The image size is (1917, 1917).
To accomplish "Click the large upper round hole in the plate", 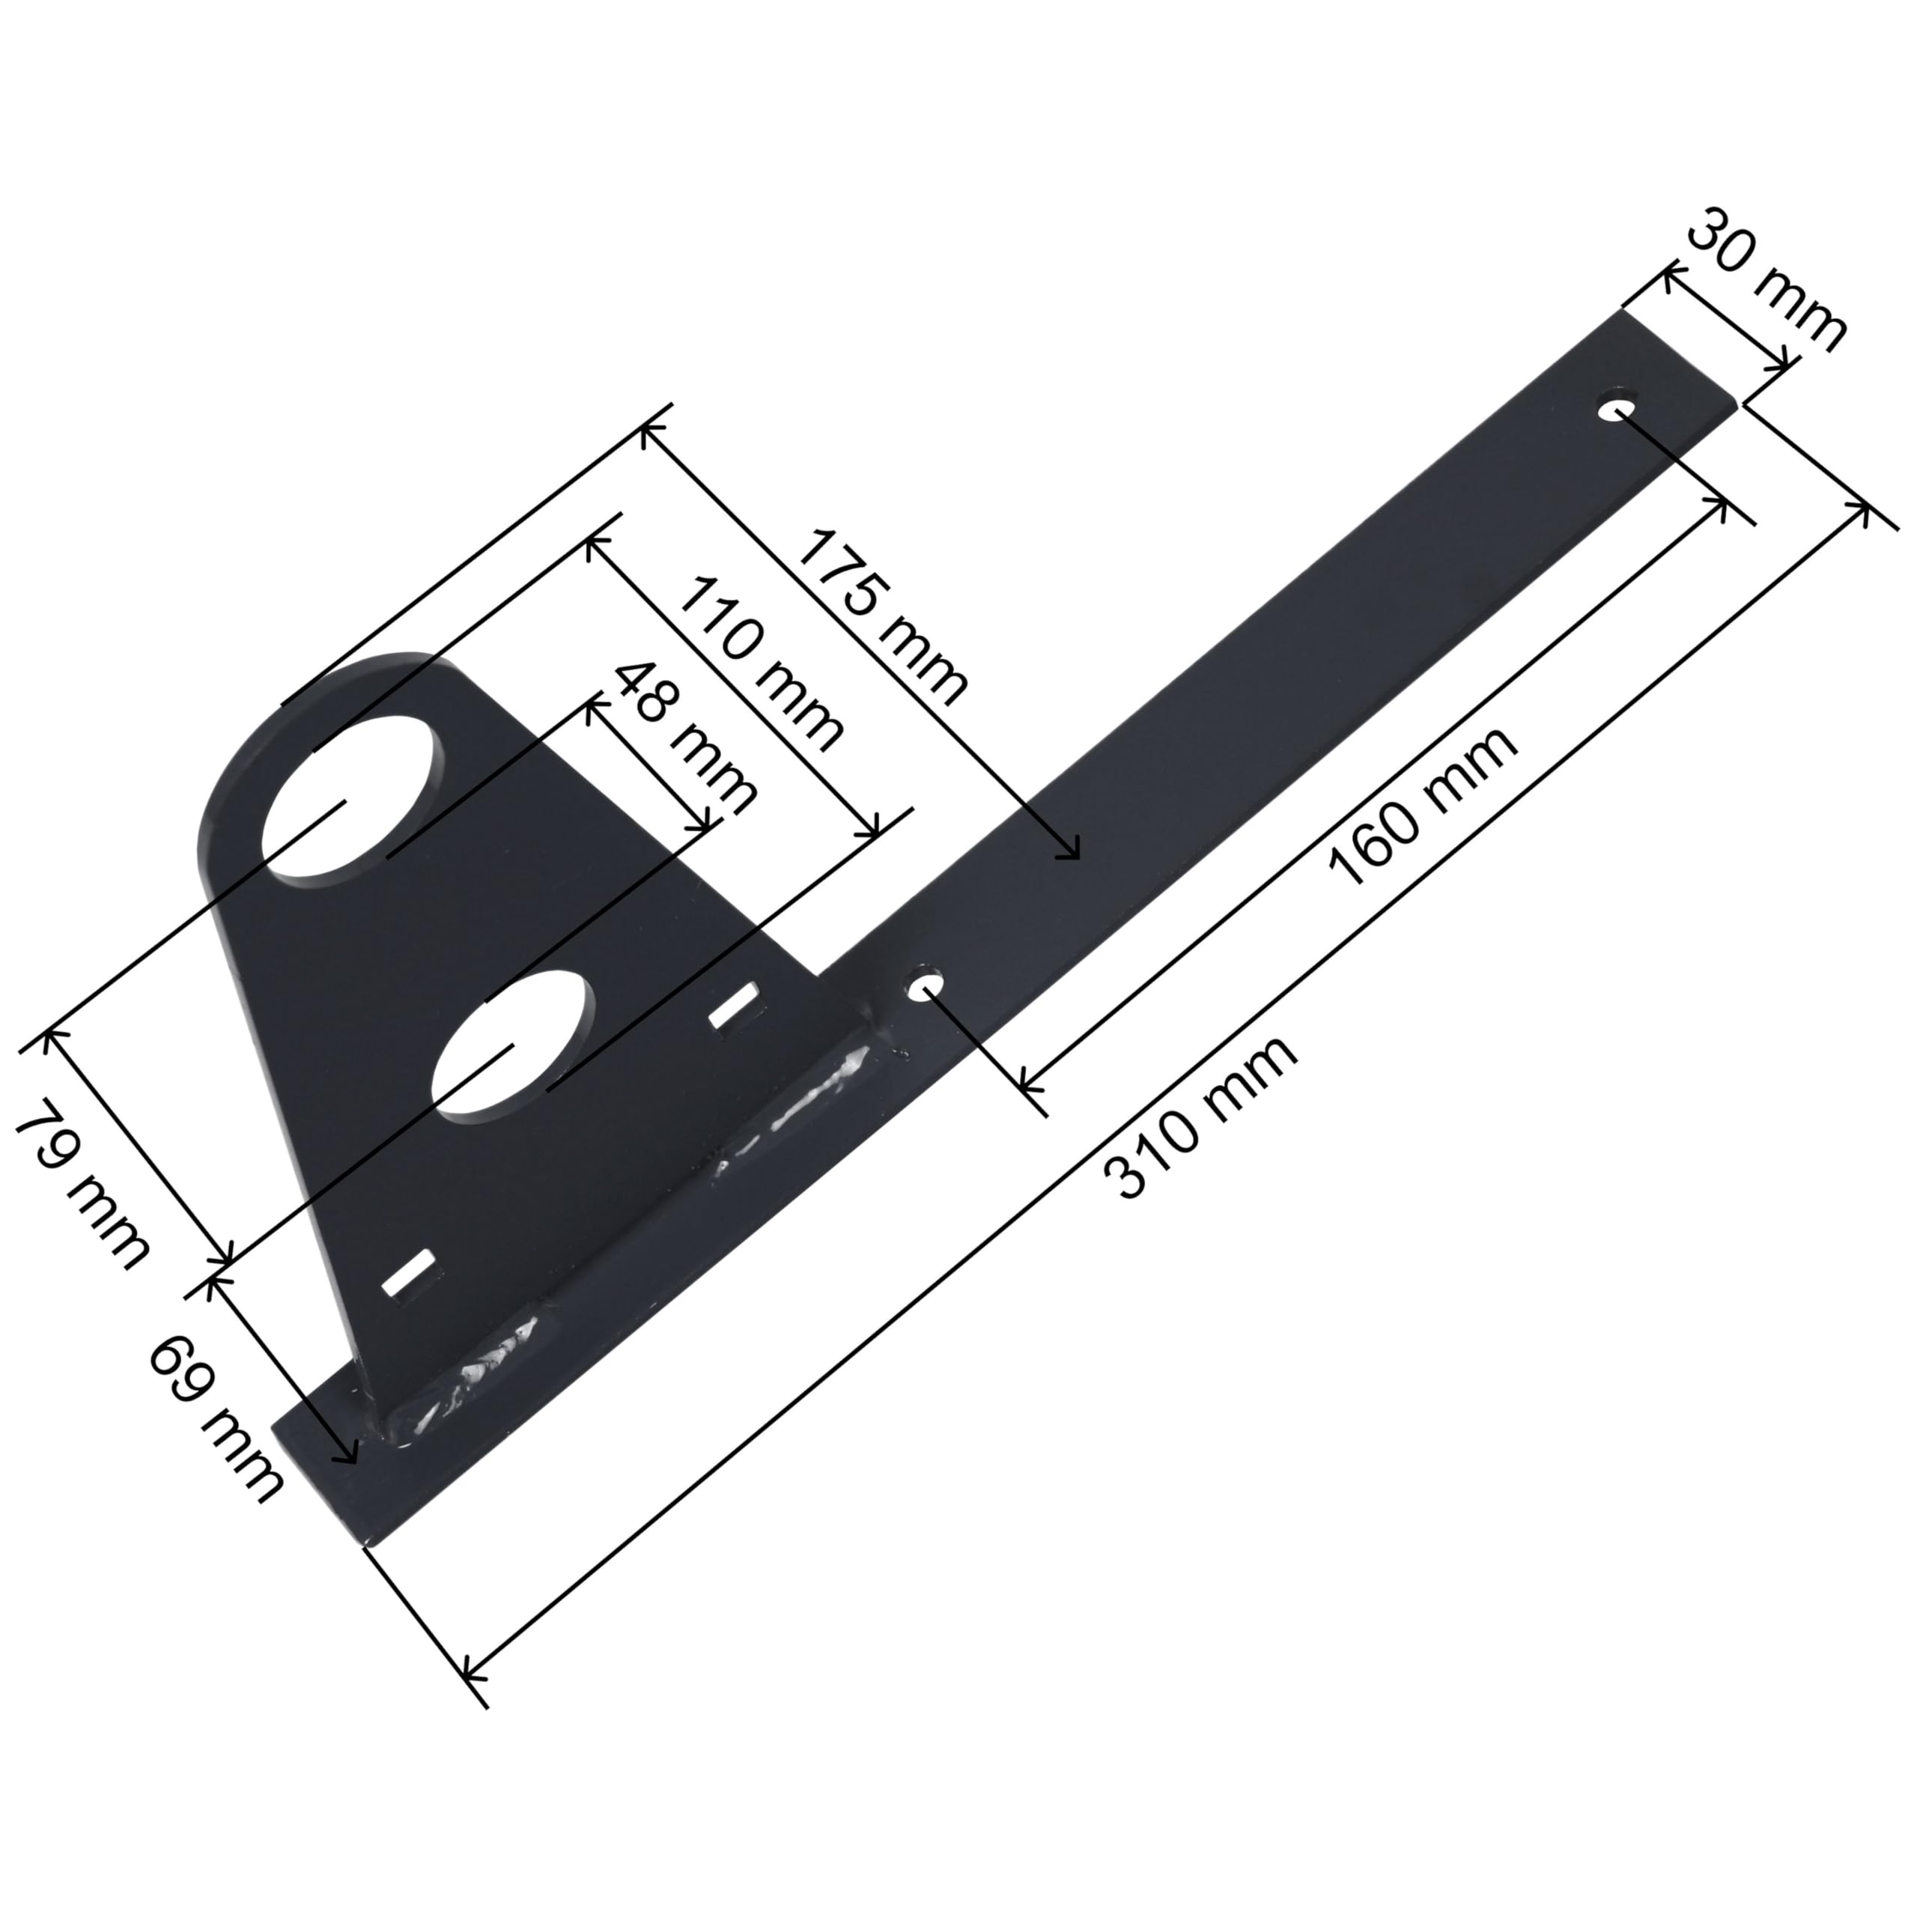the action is (349, 797).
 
